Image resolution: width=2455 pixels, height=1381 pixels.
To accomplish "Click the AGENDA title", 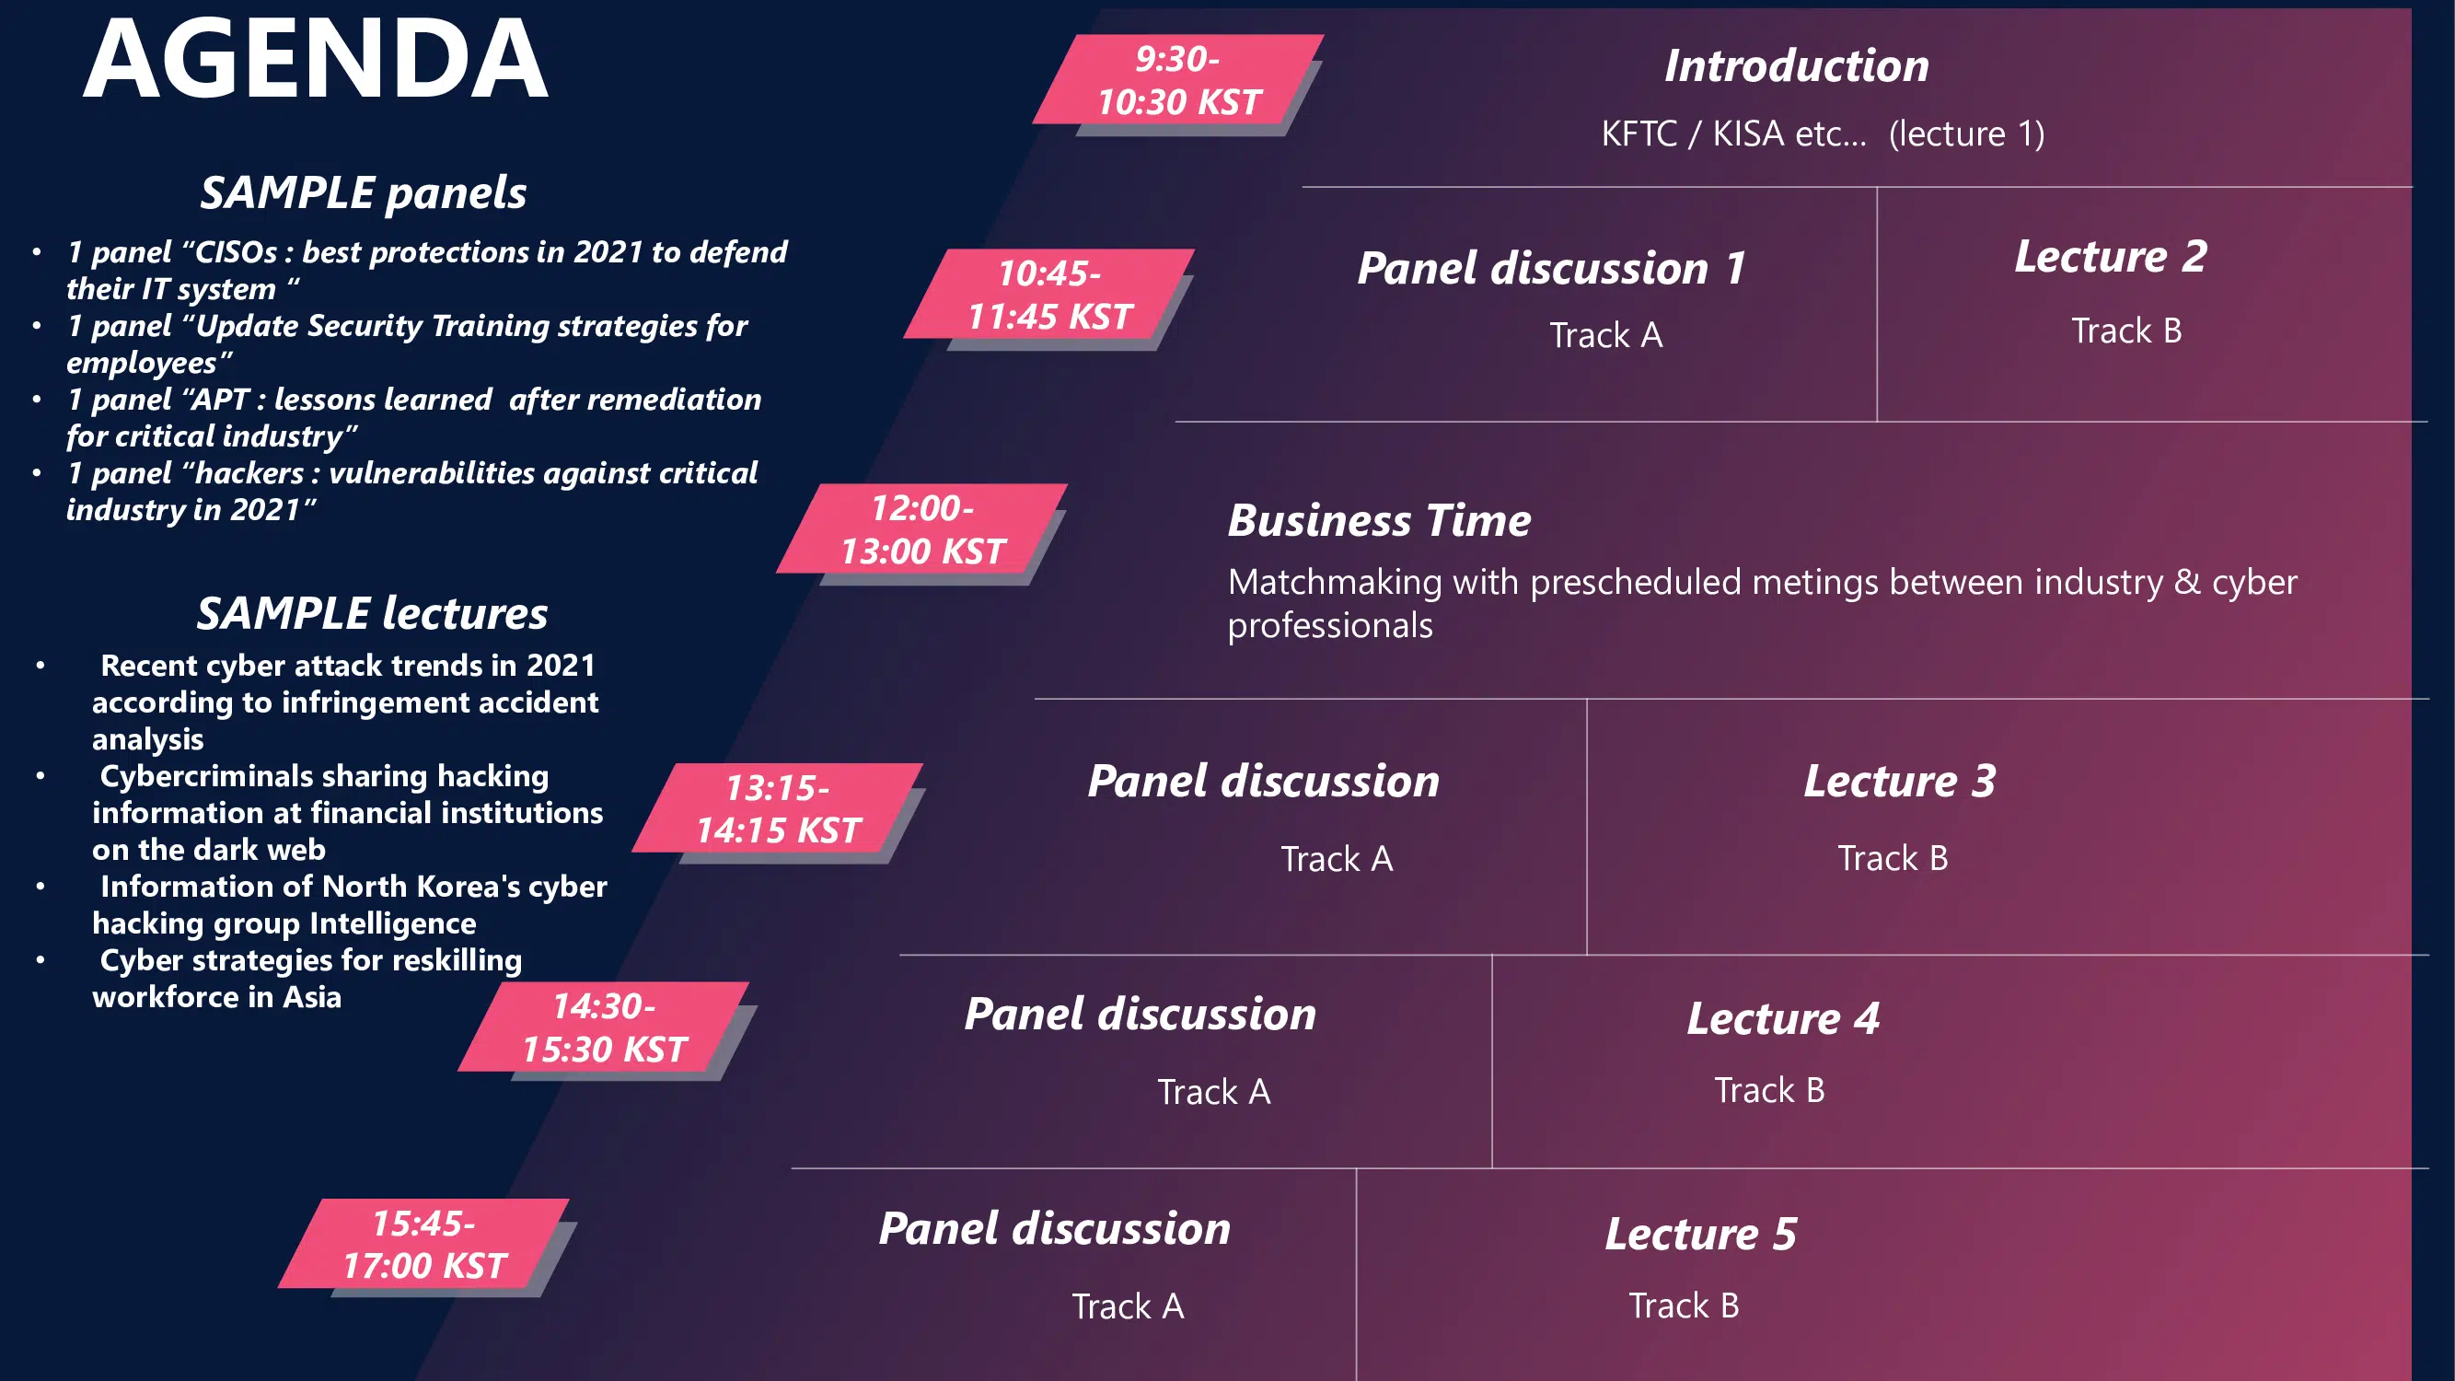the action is (x=316, y=59).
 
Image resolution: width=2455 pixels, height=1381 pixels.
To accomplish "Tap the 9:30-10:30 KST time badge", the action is (x=1179, y=80).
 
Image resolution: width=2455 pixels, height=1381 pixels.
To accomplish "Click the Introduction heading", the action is (x=1797, y=65).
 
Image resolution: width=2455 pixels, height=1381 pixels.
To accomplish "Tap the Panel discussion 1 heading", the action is (x=1550, y=268).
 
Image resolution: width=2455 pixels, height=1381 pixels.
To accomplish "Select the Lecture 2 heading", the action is (x=2111, y=256).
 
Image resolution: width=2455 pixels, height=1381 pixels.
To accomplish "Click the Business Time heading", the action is (x=1379, y=520).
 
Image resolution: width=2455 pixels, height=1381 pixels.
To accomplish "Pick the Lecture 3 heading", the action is (x=1899, y=781).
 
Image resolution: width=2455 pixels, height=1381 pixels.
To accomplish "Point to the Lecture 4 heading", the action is (x=1783, y=1018).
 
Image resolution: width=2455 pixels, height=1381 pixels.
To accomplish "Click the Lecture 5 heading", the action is (x=1701, y=1234).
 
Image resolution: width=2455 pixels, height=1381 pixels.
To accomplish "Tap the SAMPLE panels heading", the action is (x=363, y=192).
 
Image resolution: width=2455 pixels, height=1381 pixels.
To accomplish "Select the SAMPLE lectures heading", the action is (x=373, y=613).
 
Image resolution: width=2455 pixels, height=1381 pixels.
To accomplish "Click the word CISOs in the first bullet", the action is (x=236, y=252).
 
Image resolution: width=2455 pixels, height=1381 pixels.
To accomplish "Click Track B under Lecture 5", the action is (x=1684, y=1305).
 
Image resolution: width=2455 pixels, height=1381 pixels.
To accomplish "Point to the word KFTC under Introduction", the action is (x=1639, y=133).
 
